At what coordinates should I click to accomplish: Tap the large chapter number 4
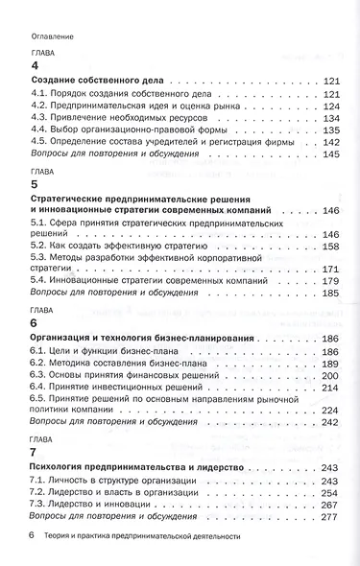click(x=35, y=66)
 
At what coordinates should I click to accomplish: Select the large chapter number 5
click(x=35, y=184)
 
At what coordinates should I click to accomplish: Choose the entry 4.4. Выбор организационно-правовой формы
click(x=117, y=130)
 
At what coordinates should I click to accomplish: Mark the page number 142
click(x=333, y=142)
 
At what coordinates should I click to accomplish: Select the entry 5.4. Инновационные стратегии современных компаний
click(x=136, y=283)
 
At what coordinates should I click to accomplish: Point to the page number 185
click(x=333, y=295)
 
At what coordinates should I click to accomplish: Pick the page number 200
click(x=333, y=376)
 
